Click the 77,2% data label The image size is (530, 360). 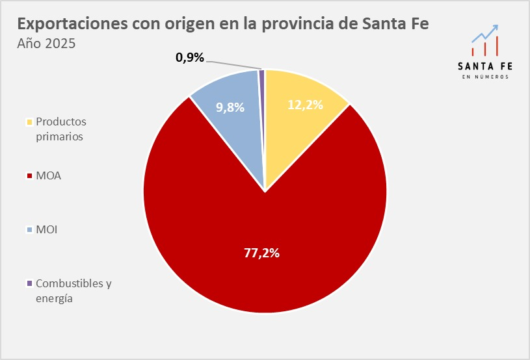coord(261,253)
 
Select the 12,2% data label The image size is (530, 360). coord(305,104)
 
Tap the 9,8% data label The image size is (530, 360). coord(230,108)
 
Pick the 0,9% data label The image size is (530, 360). coord(190,57)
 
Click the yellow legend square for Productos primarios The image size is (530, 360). coord(29,122)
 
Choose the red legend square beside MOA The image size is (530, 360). coord(29,175)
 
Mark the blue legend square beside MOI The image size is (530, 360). coord(29,229)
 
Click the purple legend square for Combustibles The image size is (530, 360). coord(29,283)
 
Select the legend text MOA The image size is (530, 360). coord(49,175)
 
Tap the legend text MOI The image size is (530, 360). coord(47,229)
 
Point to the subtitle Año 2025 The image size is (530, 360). coord(46,44)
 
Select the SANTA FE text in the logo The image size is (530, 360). coord(485,66)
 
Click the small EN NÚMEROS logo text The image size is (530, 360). coord(485,77)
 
